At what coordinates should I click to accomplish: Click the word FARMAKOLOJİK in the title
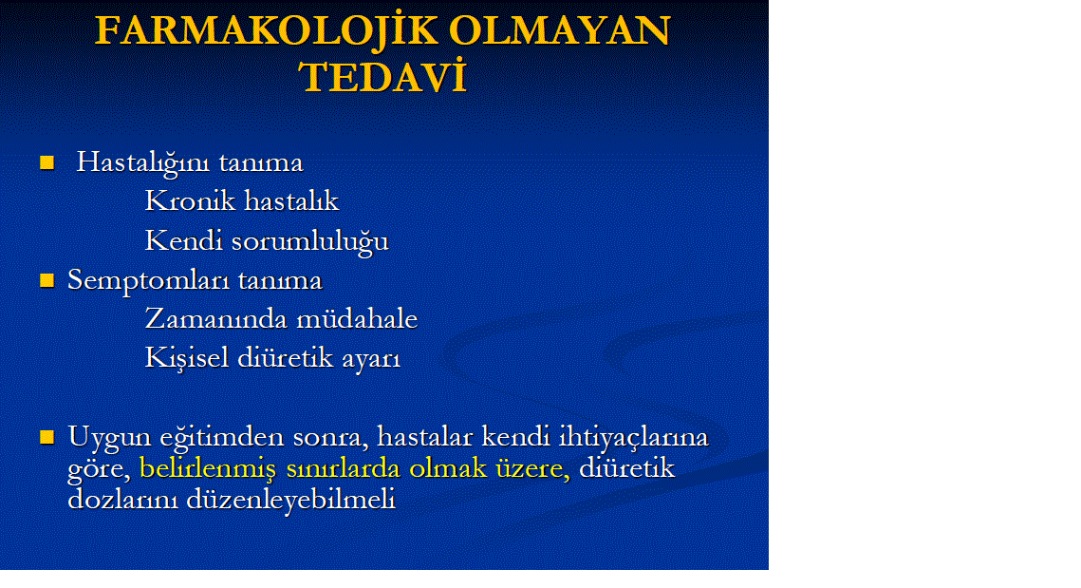[266, 31]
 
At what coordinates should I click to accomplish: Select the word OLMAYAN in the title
[559, 30]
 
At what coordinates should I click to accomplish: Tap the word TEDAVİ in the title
[382, 77]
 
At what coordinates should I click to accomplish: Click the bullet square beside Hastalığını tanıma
[47, 162]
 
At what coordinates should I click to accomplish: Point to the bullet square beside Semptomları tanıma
[47, 280]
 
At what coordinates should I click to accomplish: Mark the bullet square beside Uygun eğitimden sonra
[47, 437]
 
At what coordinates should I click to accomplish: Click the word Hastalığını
[144, 162]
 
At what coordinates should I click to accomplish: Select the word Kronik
[190, 200]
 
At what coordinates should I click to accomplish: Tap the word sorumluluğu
[310, 241]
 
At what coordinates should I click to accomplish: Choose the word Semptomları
[150, 281]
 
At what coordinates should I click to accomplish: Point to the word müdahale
[357, 319]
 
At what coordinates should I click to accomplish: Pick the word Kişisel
[187, 358]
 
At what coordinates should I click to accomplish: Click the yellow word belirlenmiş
[208, 469]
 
